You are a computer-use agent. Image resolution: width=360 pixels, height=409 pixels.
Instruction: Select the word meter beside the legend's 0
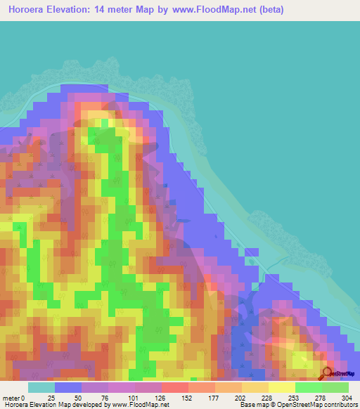[11, 398]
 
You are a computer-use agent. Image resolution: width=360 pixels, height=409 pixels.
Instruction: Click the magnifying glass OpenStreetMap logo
[328, 373]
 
